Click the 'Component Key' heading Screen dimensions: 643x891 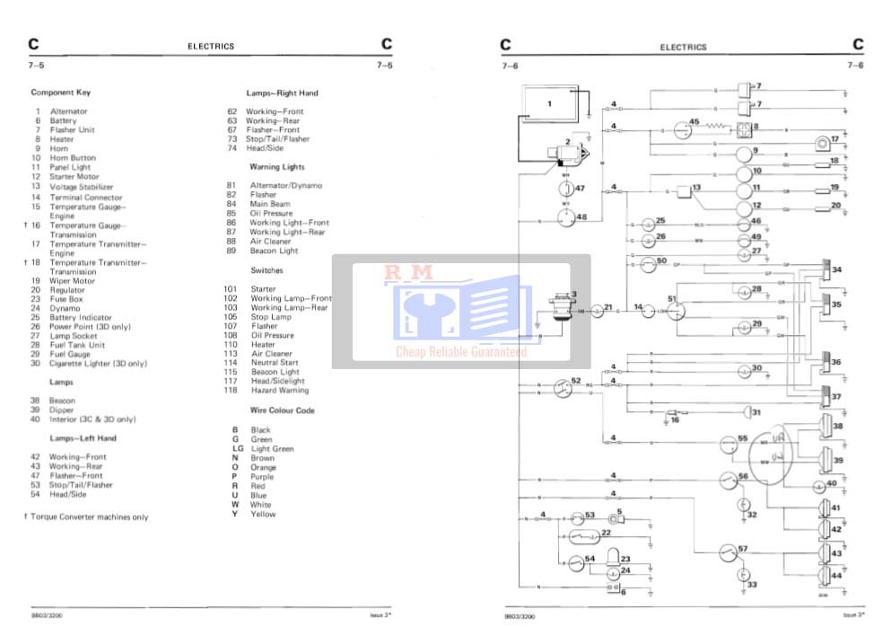[x=60, y=92]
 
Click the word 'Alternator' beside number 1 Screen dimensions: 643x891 [x=69, y=111]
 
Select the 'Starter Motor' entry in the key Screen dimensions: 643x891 [x=74, y=177]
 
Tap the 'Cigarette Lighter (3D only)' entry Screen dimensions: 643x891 [x=98, y=364]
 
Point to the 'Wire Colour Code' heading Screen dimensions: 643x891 [x=282, y=410]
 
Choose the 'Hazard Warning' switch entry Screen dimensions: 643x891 [x=278, y=391]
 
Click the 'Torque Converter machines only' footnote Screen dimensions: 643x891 [x=89, y=517]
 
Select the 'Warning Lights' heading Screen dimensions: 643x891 [x=276, y=167]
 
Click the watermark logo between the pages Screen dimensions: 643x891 [x=461, y=311]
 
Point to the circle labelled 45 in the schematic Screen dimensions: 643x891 [x=681, y=130]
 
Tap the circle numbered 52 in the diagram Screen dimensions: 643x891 [x=563, y=388]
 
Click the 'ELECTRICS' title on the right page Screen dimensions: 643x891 [x=683, y=47]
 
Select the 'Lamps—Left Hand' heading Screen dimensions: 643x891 [x=83, y=438]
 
